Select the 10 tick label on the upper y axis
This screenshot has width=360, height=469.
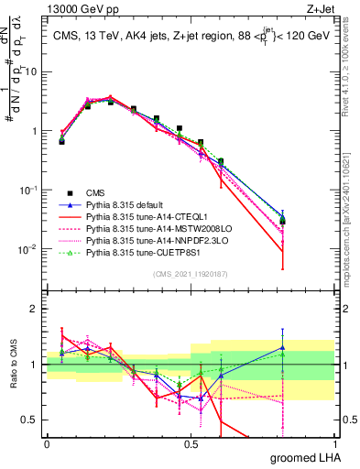point(30,71)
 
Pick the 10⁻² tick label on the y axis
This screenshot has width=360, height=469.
point(28,249)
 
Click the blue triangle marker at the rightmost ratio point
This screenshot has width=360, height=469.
point(283,347)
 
